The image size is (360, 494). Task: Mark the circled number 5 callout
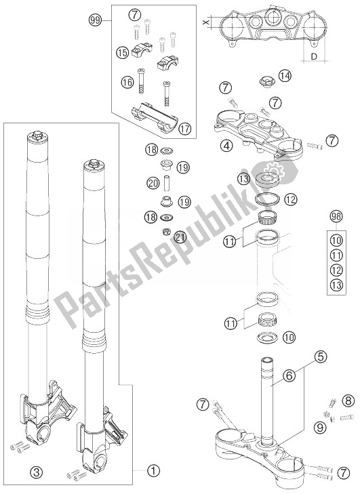point(321,354)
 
